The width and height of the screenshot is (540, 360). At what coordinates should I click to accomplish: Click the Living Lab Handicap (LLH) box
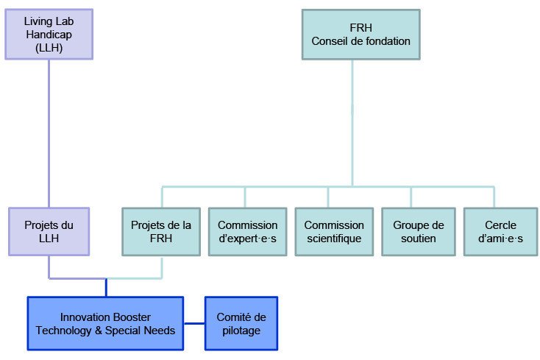coord(49,35)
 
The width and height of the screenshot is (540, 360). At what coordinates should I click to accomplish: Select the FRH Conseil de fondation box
coord(361,35)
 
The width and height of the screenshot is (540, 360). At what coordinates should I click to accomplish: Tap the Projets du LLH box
coord(49,231)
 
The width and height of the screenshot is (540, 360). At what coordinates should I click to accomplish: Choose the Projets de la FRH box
coord(161,231)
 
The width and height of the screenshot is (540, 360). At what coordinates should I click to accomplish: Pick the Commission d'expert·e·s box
coord(248,231)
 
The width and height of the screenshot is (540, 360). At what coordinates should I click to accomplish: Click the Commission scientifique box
coord(334,231)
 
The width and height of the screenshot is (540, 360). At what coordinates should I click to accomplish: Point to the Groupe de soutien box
coord(419,231)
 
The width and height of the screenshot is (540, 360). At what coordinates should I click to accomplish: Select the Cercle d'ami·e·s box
coord(500,231)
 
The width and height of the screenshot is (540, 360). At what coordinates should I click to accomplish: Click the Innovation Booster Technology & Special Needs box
coord(105,323)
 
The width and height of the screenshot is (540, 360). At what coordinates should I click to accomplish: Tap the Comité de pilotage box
coord(241,323)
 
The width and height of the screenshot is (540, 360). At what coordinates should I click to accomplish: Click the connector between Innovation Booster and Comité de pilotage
coord(194,323)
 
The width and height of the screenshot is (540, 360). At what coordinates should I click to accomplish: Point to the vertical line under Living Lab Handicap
coord(49,134)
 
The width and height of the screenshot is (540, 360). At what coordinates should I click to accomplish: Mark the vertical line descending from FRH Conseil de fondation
coord(352,123)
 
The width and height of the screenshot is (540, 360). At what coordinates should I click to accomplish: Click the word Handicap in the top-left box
coord(49,35)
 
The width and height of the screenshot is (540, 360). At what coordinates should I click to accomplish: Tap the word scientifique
coord(334,239)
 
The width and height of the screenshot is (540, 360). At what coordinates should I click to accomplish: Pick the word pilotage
coord(241,331)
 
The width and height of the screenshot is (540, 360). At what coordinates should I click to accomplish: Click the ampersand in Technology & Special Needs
coord(99,331)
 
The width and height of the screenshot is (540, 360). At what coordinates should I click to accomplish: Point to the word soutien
coord(419,239)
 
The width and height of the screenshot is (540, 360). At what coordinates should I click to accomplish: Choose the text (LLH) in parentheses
coord(49,48)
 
